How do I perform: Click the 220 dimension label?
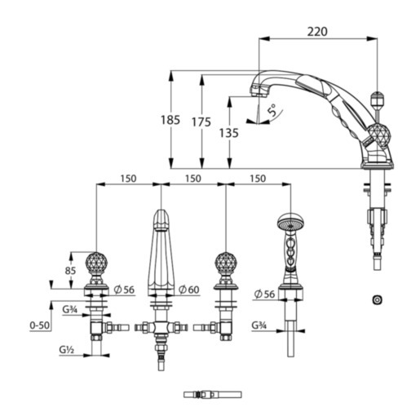tap(317, 32)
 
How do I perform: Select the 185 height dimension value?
tap(170, 120)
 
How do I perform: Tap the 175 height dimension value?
tap(201, 122)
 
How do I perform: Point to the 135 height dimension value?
tap(229, 133)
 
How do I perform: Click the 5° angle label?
tap(272, 110)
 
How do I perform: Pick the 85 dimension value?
tap(70, 271)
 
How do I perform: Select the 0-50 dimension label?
tap(40, 325)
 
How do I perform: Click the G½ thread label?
tap(66, 350)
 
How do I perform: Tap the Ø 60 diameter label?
tap(189, 290)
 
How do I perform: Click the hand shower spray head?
tap(290, 221)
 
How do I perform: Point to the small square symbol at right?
tap(377, 299)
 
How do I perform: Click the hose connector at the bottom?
tap(213, 395)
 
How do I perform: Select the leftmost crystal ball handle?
tap(96, 263)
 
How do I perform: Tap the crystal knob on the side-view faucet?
tap(379, 135)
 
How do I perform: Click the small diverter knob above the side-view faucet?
tap(378, 99)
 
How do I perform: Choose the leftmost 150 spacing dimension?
tap(128, 179)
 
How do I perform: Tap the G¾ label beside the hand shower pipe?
tap(259, 325)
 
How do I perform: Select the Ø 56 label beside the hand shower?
tap(264, 294)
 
